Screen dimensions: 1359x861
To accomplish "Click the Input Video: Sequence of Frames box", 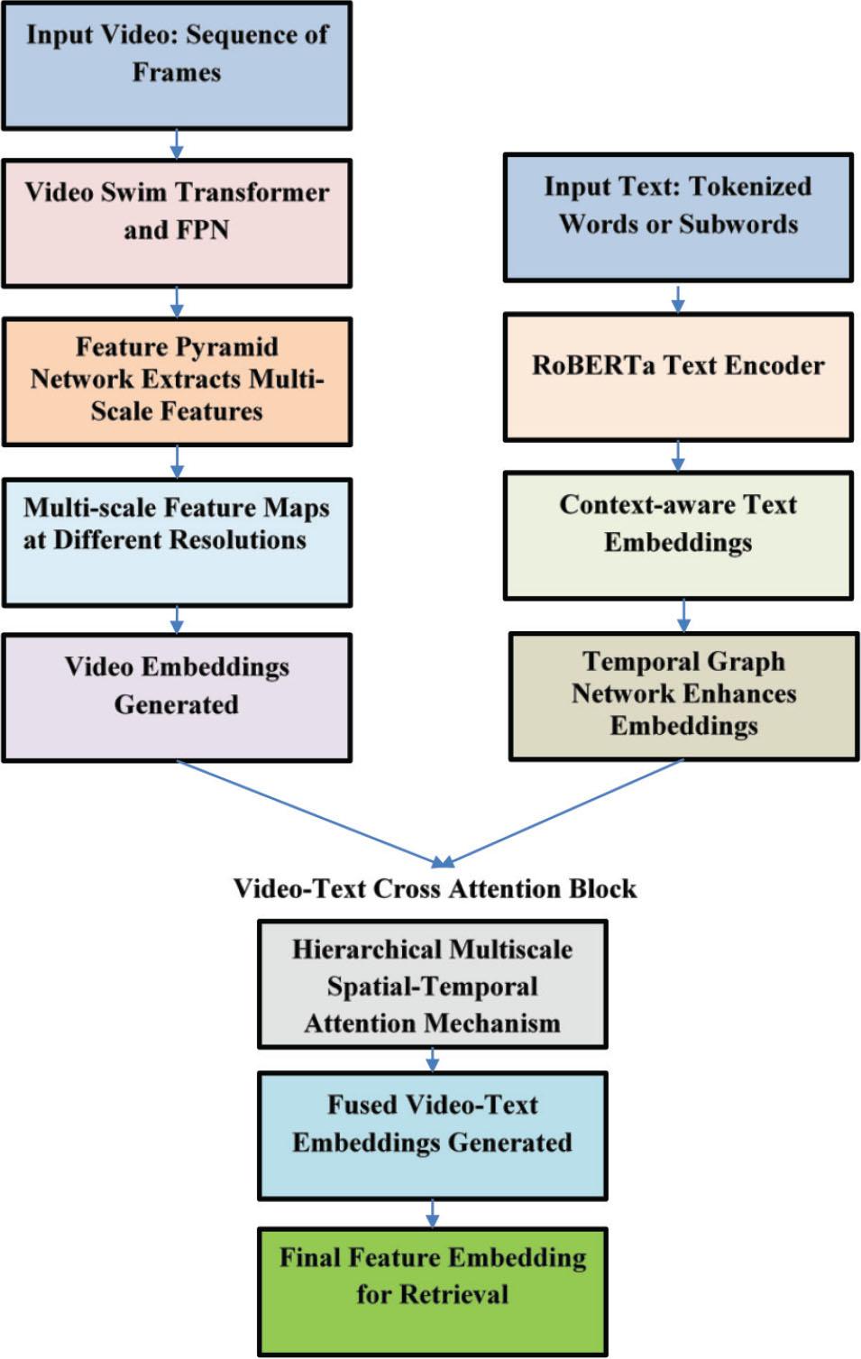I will coord(177,66).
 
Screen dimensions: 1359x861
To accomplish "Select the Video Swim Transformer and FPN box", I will coord(177,224).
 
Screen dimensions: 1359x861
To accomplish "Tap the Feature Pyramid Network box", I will coord(177,381).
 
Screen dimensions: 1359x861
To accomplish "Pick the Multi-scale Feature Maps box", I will coord(177,542).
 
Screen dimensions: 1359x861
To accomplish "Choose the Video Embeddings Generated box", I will coord(177,698).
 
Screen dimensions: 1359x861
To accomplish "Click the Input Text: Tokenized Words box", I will coord(678,217).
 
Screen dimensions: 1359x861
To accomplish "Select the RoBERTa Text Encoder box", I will coord(678,377).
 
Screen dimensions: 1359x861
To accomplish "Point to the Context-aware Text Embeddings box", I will coord(678,536).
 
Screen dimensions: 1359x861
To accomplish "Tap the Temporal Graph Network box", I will coord(683,696).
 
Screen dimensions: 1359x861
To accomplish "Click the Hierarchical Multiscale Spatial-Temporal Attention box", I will coord(433,984).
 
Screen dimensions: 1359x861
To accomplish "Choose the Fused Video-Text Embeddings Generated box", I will coord(433,1135).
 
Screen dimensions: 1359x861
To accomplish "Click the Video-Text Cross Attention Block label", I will coord(435,889).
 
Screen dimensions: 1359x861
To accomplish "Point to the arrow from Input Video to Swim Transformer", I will coord(177,144).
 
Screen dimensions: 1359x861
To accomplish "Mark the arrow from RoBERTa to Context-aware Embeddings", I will coord(678,456).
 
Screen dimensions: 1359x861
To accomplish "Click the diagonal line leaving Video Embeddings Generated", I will coord(307,812).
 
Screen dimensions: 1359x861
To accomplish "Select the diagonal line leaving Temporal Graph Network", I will coord(568,812).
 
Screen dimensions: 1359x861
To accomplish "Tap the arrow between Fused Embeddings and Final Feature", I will coord(433,1214).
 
